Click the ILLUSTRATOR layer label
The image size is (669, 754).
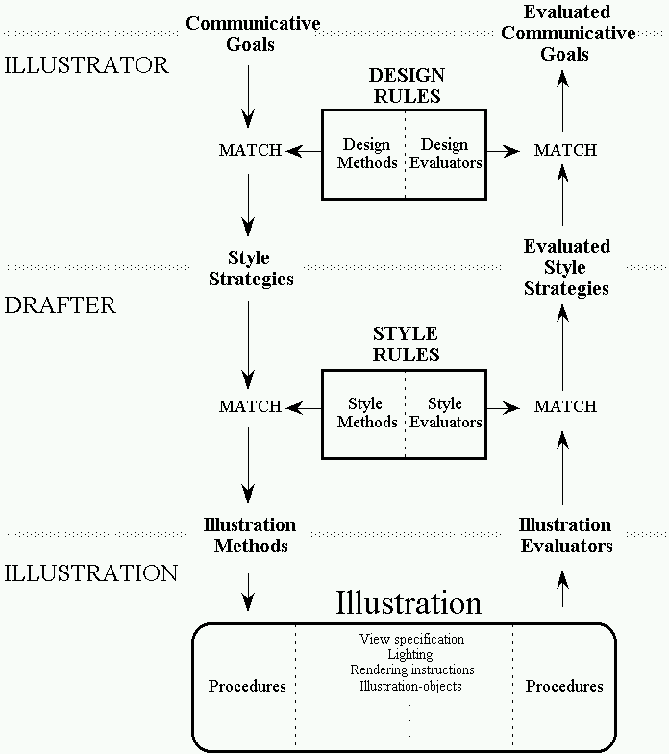(x=87, y=65)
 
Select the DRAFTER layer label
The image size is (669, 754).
(x=60, y=305)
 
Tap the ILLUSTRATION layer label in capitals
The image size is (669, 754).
(x=91, y=573)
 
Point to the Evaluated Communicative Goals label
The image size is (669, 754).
(x=565, y=34)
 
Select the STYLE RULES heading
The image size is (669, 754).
(x=405, y=344)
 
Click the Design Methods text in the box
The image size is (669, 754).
(x=367, y=154)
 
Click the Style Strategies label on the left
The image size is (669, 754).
(x=249, y=268)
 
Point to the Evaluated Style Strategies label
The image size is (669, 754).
(x=566, y=267)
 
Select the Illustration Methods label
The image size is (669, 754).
(x=250, y=535)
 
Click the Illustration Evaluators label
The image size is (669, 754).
(x=566, y=535)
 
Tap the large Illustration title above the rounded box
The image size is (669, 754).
(x=409, y=603)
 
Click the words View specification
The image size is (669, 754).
(x=411, y=639)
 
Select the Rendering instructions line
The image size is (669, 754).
(x=411, y=669)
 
